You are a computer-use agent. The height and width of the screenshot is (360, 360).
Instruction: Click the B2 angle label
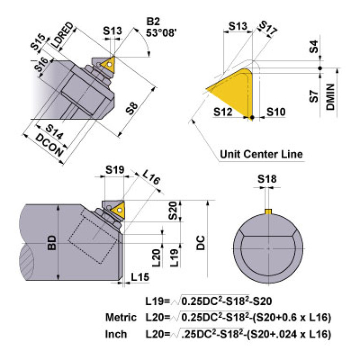click(153, 22)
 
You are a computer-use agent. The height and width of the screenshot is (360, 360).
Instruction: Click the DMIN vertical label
click(330, 96)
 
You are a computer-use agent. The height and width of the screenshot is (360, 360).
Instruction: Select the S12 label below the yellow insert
click(223, 112)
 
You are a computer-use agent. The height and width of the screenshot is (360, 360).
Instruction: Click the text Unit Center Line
click(261, 154)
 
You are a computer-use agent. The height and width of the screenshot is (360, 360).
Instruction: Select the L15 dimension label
click(140, 277)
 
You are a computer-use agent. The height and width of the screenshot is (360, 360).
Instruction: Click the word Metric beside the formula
click(121, 318)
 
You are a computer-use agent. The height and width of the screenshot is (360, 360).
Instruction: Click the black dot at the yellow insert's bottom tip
click(253, 117)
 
